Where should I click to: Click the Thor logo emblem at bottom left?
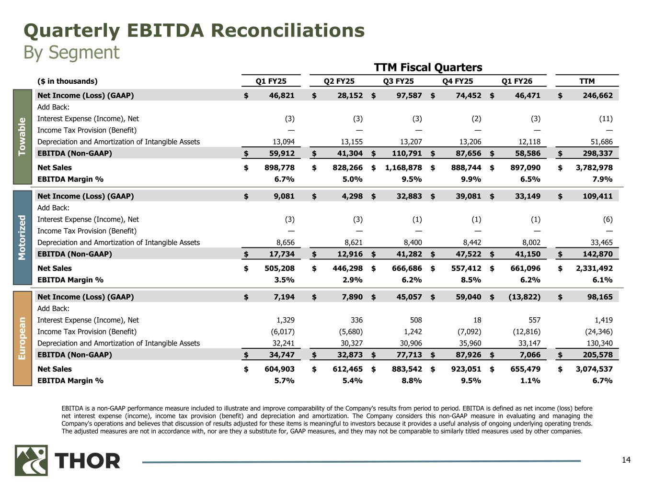coord(31,460)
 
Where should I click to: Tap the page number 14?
coord(626,460)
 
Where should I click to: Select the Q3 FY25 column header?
coord(398,81)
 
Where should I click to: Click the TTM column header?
coord(587,81)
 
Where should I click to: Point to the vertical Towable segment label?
coord(22,136)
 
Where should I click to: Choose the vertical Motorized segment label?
coord(22,237)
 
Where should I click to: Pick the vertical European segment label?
coord(22,338)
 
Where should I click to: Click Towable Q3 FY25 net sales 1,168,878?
coord(403,167)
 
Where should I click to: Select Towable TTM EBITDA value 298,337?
coord(594,154)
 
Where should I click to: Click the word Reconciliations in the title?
coord(287,31)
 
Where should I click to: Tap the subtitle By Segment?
coord(71,52)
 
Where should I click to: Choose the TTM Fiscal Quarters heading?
coord(427,67)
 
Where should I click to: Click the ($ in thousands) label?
coord(67,81)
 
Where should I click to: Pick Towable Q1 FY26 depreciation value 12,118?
coord(528,142)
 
